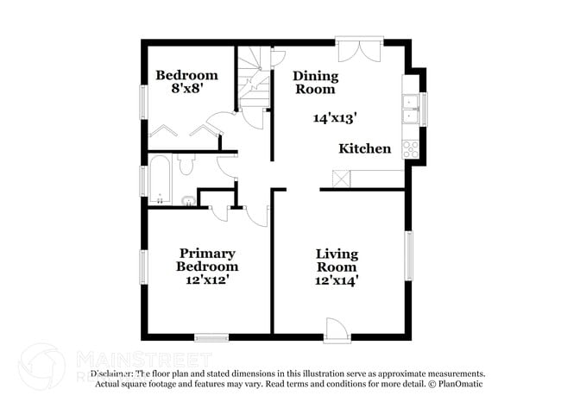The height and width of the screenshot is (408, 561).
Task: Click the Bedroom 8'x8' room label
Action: (x=186, y=81)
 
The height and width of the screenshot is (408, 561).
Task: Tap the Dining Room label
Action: (x=315, y=82)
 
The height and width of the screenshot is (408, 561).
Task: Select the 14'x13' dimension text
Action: (x=335, y=118)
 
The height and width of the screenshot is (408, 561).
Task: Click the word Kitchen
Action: (x=364, y=148)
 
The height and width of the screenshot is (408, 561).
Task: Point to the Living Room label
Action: (x=337, y=260)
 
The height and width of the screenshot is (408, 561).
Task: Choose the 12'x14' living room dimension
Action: (x=337, y=279)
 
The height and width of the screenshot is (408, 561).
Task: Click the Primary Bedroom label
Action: (x=207, y=260)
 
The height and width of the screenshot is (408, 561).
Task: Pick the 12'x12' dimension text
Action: (x=207, y=279)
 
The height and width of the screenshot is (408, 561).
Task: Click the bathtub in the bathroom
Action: (x=160, y=178)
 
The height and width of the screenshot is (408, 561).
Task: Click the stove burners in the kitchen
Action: (x=412, y=147)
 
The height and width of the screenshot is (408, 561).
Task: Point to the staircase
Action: (x=255, y=83)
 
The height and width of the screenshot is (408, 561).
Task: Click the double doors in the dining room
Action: (x=356, y=50)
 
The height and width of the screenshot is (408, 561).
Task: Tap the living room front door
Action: (x=336, y=329)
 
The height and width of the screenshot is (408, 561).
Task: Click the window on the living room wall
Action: (x=410, y=254)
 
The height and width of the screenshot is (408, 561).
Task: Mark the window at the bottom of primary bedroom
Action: (x=211, y=336)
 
